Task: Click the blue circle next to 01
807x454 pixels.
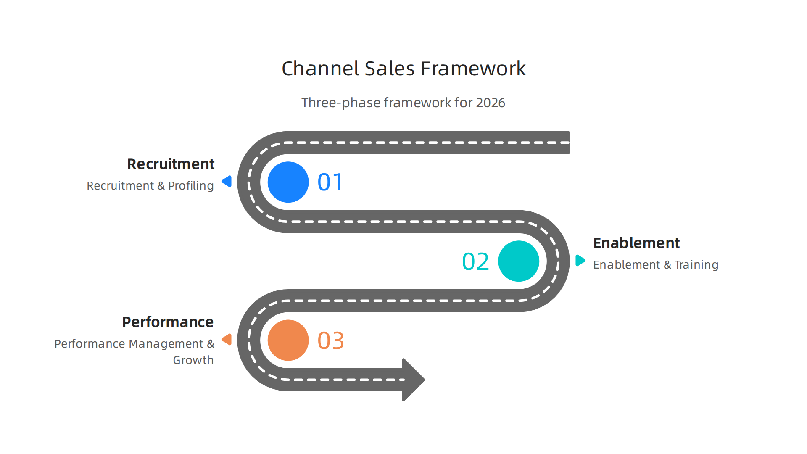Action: tap(288, 182)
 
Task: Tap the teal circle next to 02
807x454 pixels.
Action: tap(518, 261)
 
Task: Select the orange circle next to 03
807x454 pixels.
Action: tap(288, 340)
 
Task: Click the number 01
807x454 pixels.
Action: tap(330, 182)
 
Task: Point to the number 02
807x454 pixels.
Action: tap(475, 261)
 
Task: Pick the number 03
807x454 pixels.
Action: tap(330, 340)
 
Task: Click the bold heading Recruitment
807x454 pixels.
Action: tap(171, 164)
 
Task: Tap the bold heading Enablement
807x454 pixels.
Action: tap(636, 243)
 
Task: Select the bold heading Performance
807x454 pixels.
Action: tap(168, 322)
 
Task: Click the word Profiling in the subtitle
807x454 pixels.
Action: tap(191, 186)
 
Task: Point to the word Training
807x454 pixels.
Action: tap(696, 265)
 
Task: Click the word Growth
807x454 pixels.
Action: tap(193, 360)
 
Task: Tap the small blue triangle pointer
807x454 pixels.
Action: tap(227, 181)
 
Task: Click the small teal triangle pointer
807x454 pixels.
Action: tap(580, 260)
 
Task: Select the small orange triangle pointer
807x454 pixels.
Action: tap(227, 339)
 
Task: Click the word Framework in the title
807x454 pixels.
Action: tap(473, 69)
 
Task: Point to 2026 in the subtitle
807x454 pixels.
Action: tap(491, 103)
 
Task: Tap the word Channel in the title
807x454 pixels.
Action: tap(320, 69)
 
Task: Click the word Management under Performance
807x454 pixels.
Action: tap(166, 344)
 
